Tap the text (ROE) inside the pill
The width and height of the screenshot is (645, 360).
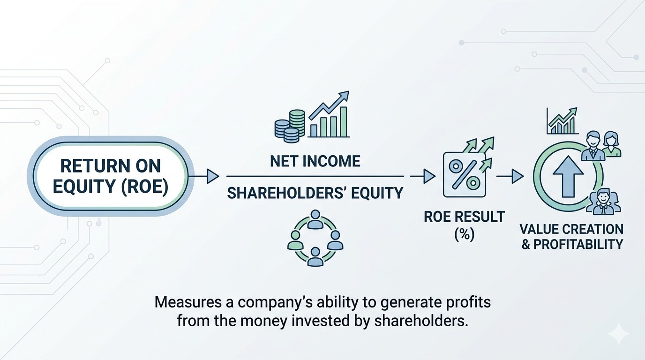click(144, 187)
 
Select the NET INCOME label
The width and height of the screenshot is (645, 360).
click(315, 161)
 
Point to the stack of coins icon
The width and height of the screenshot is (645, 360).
click(290, 126)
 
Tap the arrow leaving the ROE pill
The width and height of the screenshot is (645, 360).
click(203, 176)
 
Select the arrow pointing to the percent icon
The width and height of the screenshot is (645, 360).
click(422, 176)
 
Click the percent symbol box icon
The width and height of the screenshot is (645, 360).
click(464, 175)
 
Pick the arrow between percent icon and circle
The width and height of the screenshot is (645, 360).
click(510, 176)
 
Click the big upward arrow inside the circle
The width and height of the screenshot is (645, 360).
click(568, 176)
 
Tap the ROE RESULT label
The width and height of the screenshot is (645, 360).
click(465, 217)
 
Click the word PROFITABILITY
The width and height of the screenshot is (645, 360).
click(578, 244)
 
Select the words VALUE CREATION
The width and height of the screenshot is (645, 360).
click(571, 229)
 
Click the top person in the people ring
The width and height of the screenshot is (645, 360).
click(315, 219)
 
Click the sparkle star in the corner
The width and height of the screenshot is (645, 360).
click(619, 333)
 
